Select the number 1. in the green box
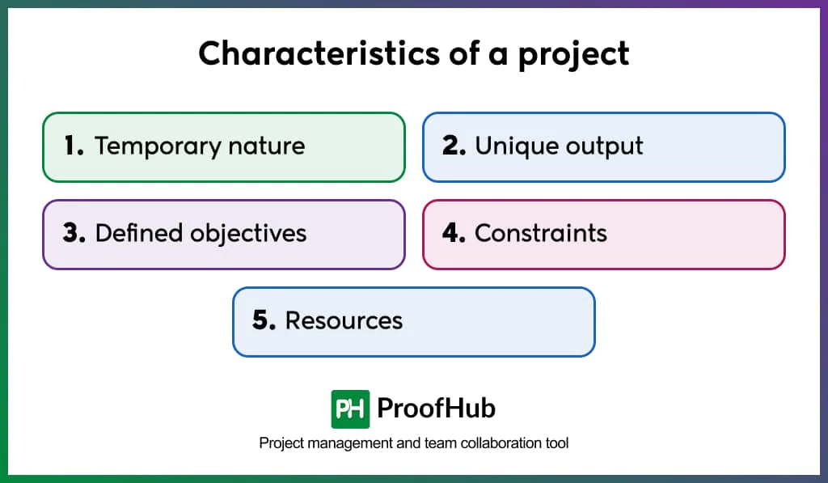point(74,146)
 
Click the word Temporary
point(158,147)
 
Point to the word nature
point(268,146)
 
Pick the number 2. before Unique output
point(454,146)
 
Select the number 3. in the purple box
point(74,234)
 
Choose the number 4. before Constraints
point(454,234)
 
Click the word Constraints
point(541,234)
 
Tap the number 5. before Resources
point(264,320)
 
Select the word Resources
point(344,320)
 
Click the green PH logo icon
point(350,409)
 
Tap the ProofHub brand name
point(437,409)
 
